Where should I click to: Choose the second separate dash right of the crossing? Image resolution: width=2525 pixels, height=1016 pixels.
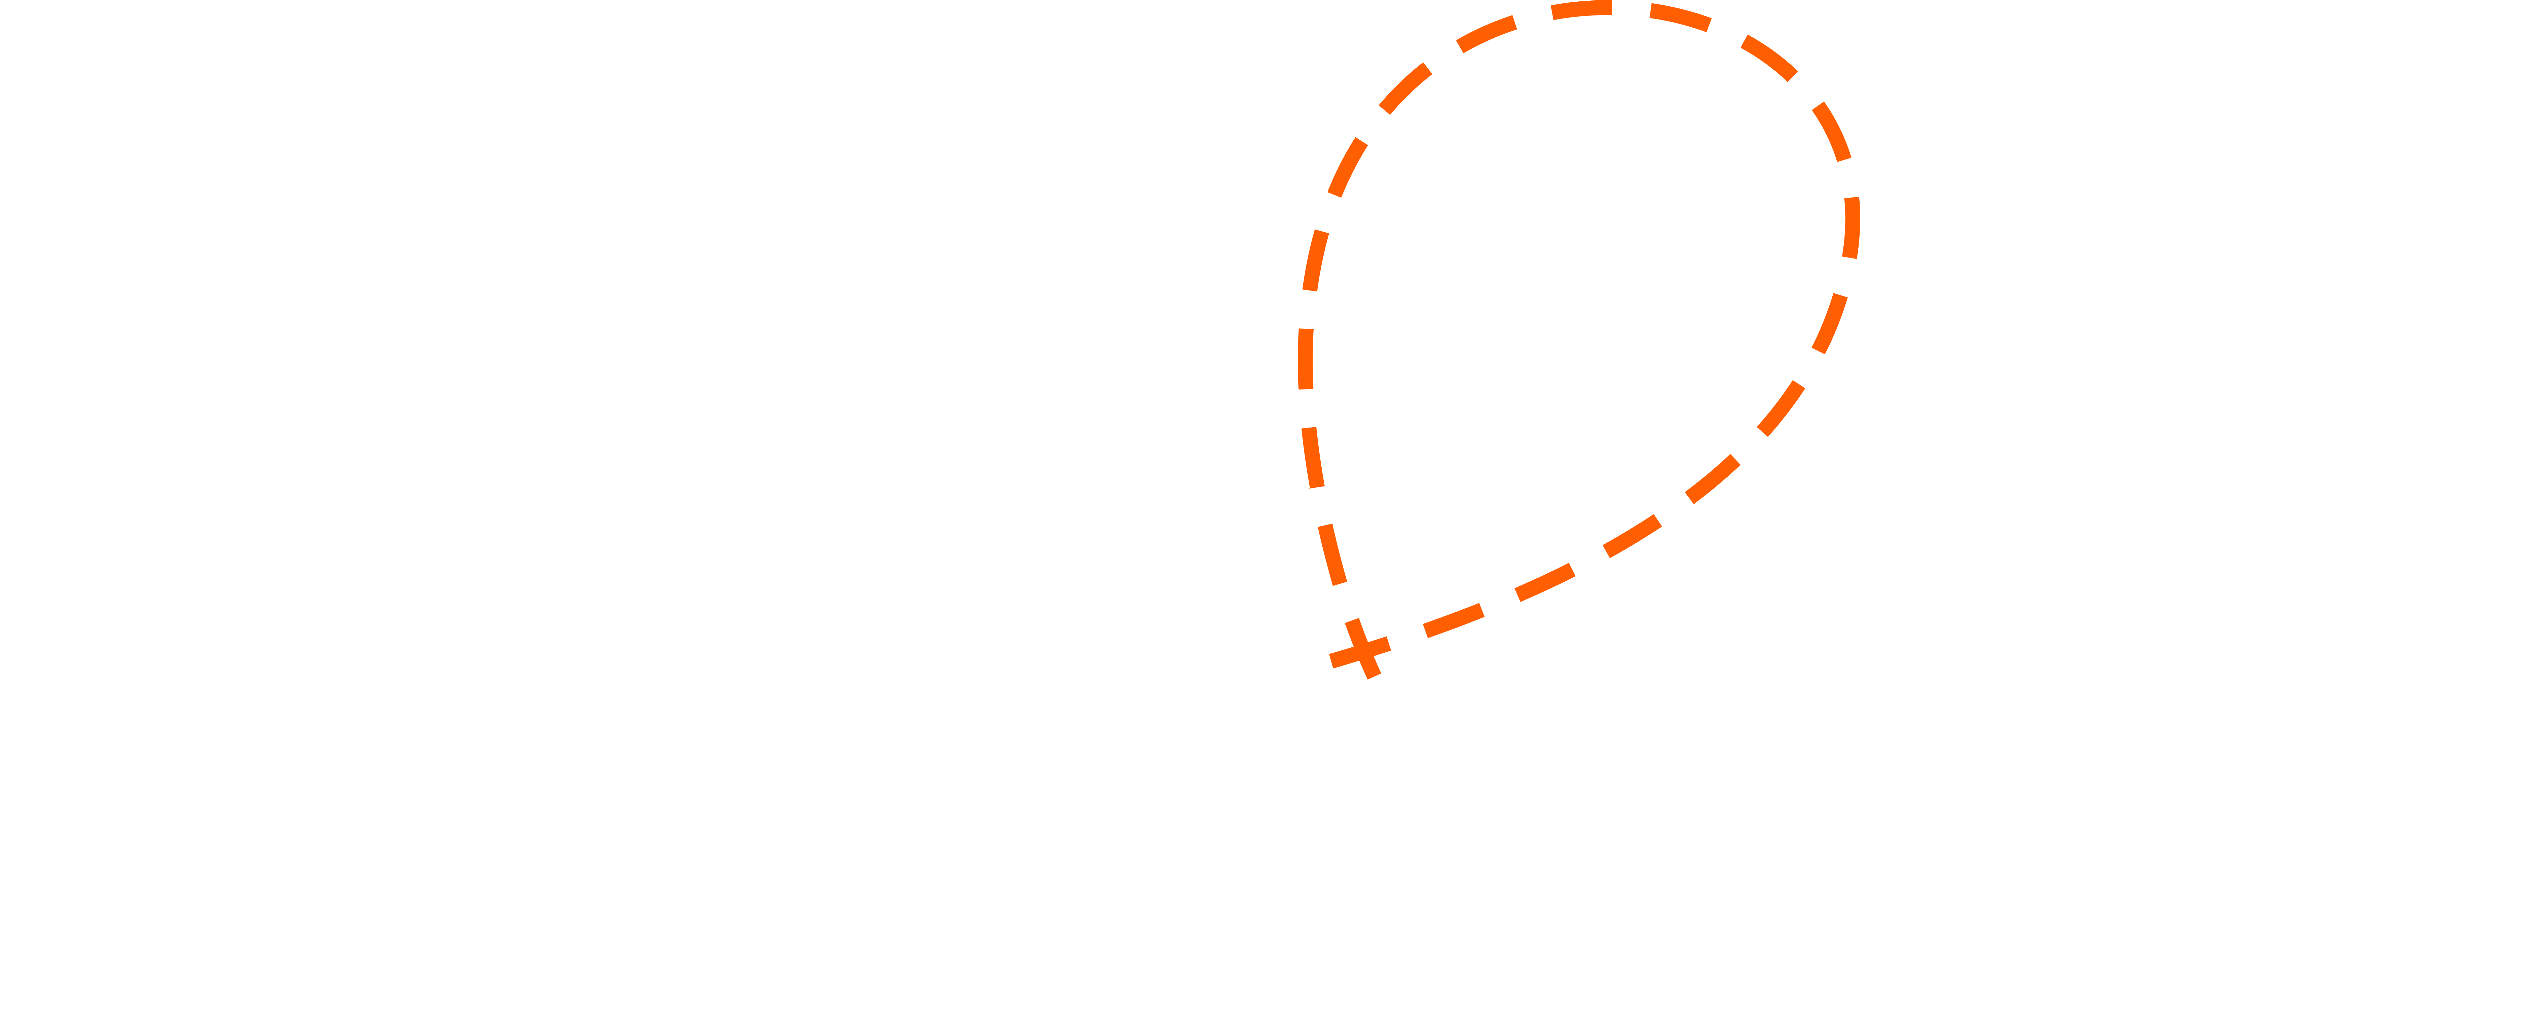click(1545, 582)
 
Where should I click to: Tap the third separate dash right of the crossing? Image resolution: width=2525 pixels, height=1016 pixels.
click(1632, 536)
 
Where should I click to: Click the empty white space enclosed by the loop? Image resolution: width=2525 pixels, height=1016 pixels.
click(1578, 294)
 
